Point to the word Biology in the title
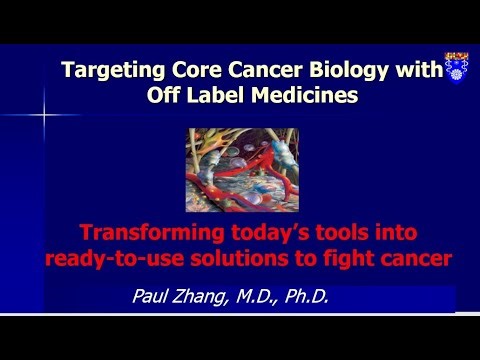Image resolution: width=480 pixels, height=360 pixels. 332,72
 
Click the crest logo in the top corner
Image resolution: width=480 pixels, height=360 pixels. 456,66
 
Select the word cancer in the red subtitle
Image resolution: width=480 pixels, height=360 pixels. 412,259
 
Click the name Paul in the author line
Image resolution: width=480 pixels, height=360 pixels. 152,296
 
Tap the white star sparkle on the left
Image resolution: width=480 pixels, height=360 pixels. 44,113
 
